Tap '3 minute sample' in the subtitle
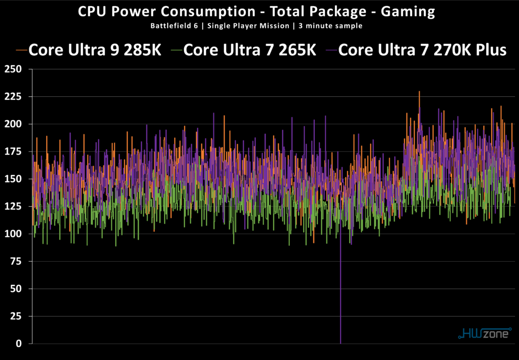(331, 25)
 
